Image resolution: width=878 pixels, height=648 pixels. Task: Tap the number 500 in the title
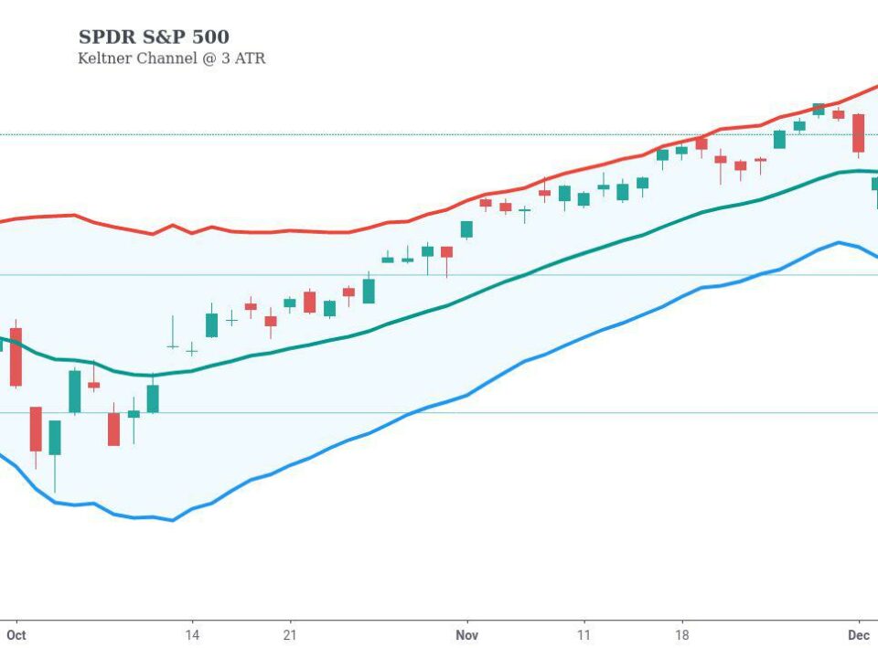click(209, 37)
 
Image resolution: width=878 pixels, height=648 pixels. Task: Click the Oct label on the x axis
click(16, 633)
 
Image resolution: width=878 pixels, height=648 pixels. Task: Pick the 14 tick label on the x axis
click(192, 633)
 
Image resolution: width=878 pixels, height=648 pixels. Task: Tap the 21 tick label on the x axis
click(290, 633)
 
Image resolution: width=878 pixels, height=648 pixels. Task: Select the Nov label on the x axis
click(466, 633)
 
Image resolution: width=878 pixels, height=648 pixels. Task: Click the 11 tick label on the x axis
click(584, 633)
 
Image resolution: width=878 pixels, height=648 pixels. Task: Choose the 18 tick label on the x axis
click(681, 633)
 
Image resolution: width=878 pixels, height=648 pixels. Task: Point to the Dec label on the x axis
click(858, 633)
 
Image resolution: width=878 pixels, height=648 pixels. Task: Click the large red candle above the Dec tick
click(858, 133)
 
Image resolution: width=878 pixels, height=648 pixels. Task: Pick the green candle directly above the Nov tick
click(466, 229)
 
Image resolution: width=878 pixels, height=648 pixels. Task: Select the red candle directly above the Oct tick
click(16, 356)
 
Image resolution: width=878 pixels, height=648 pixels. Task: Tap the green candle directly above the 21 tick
click(290, 303)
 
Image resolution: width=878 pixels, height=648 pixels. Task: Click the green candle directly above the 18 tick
click(681, 151)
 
